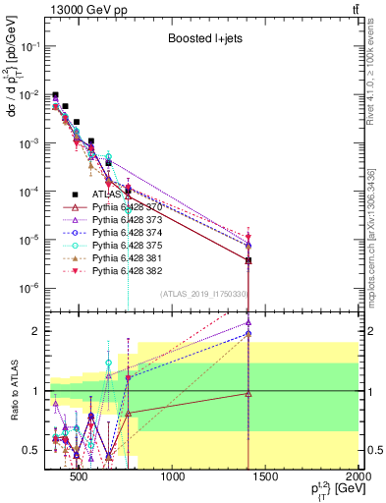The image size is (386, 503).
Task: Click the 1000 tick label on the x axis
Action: [x=173, y=478]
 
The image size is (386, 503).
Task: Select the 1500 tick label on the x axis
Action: [x=266, y=478]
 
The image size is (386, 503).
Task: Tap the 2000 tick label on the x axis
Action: [x=358, y=478]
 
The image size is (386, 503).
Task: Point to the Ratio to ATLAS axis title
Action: [x=13, y=391]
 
